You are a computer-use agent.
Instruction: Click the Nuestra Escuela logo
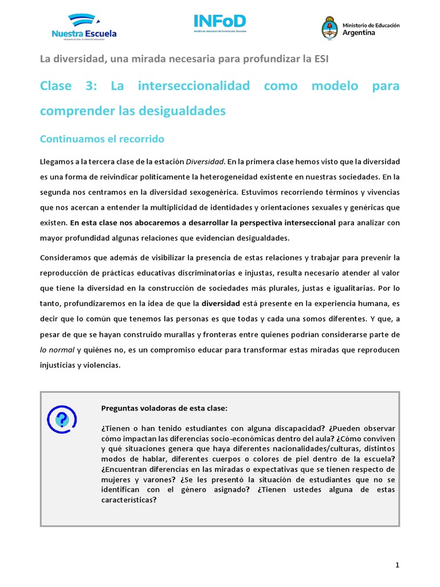84,26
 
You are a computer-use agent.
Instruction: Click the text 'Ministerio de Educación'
371,25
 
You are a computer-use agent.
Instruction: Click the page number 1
397,565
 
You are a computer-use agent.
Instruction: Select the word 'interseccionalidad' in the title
194,86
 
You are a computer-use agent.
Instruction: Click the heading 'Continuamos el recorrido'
102,139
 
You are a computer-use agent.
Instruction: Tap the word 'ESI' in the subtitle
320,58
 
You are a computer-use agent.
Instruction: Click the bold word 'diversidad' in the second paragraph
236,303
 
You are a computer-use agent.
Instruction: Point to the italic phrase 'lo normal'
57,350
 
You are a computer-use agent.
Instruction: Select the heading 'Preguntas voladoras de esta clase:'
164,408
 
